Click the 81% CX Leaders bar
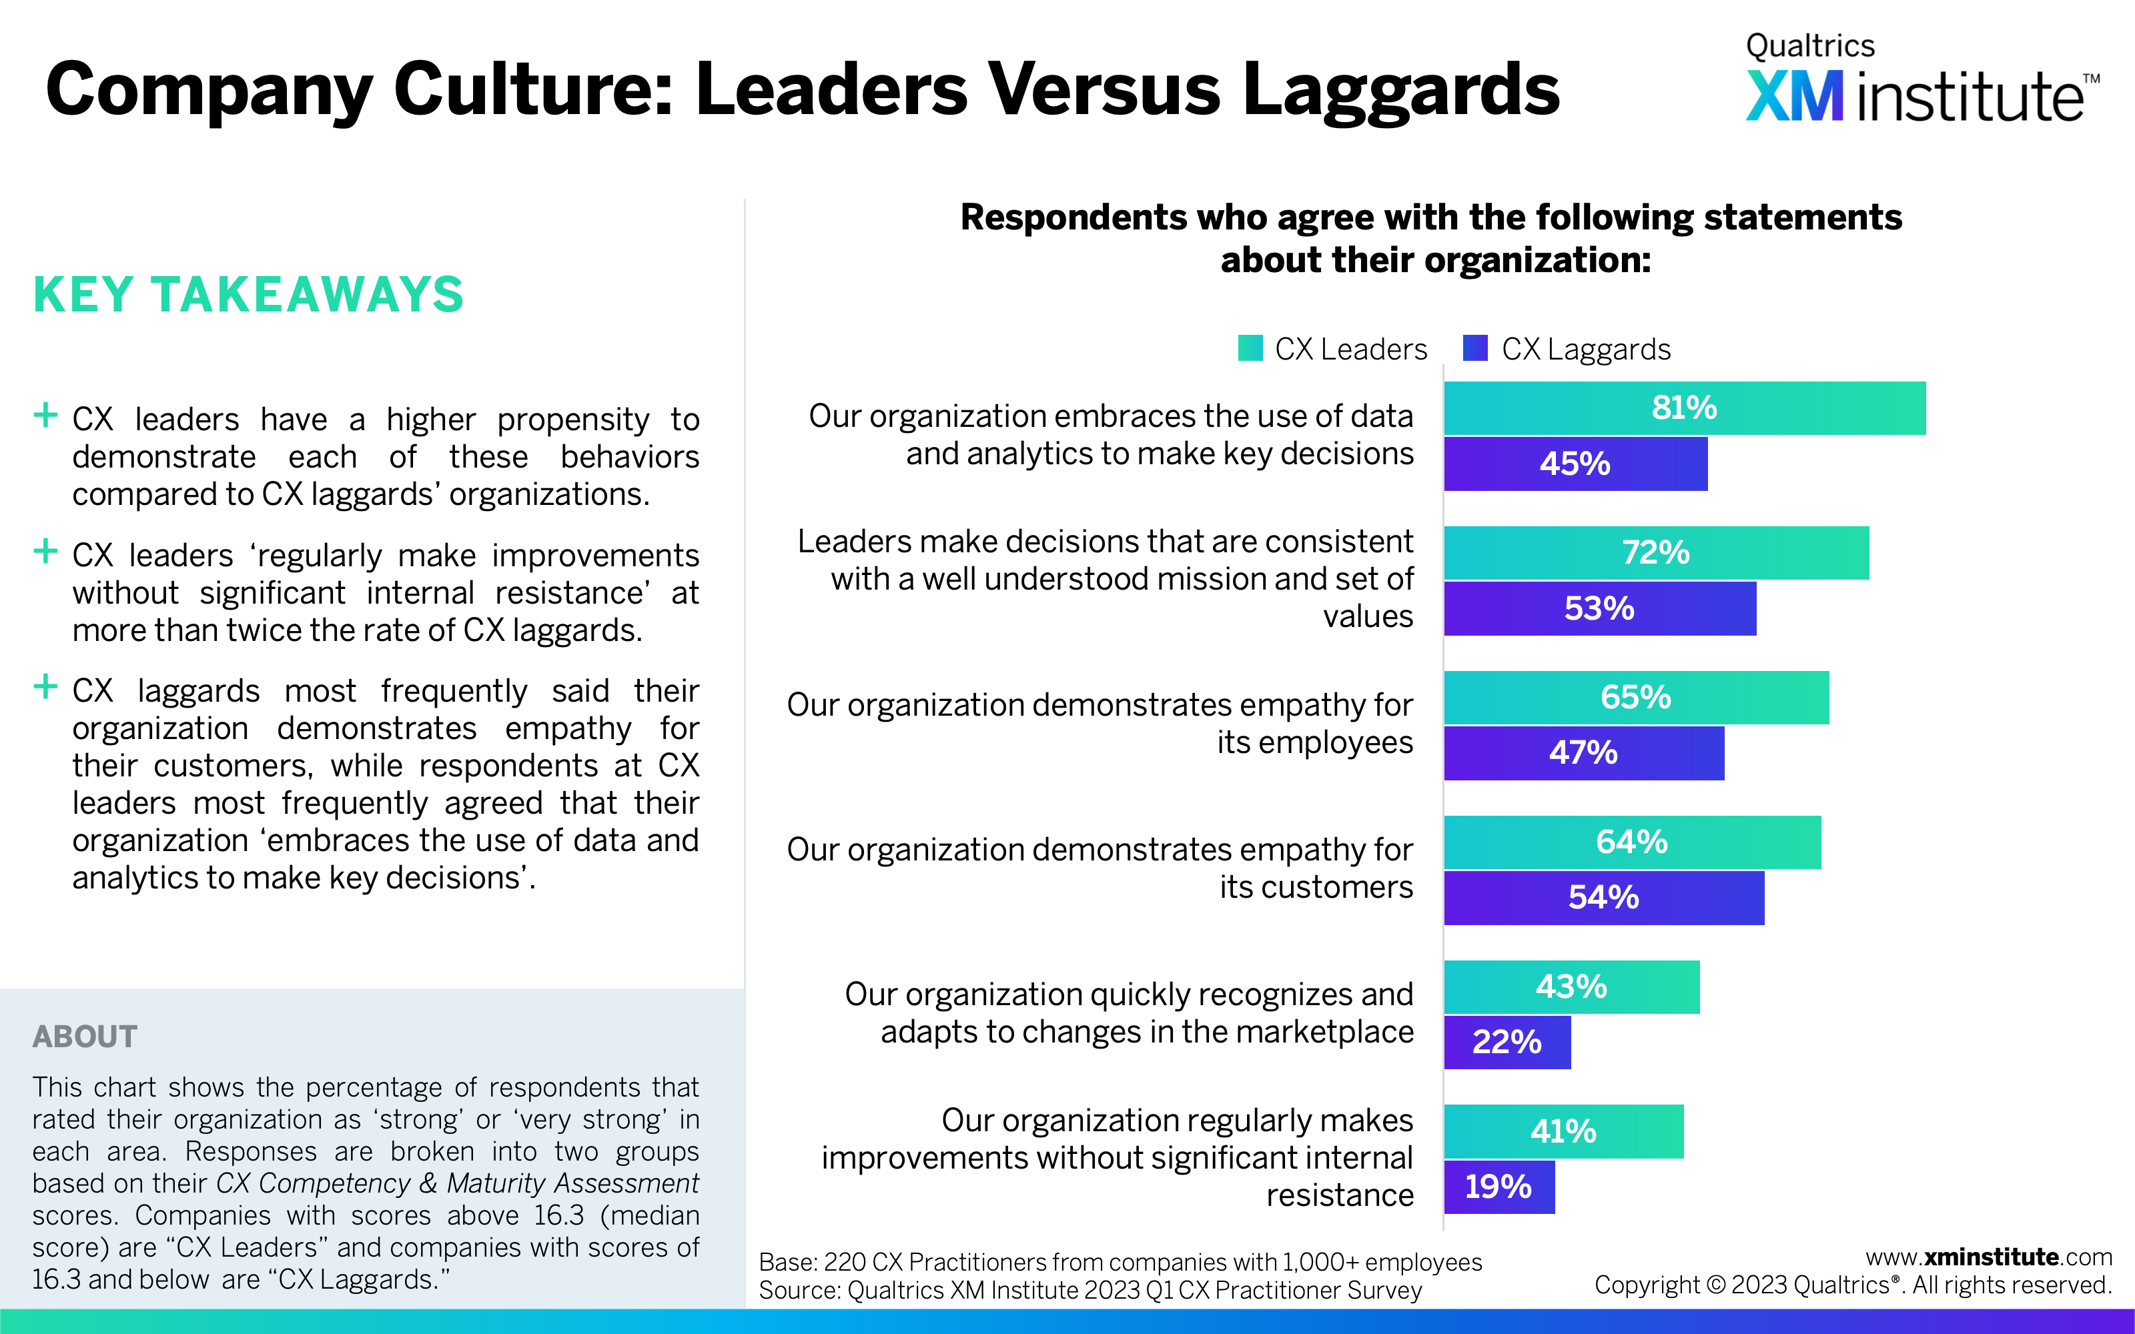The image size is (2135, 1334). coord(1684,408)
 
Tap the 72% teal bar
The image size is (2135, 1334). coord(1656,552)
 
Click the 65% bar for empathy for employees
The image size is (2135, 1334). coord(1636,697)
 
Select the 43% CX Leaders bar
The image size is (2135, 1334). coord(1571,986)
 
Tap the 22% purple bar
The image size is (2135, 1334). coord(1507,1042)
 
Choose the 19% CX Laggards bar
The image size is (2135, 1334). coord(1499,1187)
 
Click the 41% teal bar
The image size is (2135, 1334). coord(1563,1131)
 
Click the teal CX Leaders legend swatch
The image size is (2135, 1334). coord(1250,348)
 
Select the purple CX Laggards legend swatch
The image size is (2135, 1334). coord(1475,348)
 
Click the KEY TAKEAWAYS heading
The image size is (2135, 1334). coord(248,295)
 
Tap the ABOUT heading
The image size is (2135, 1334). coord(85,1037)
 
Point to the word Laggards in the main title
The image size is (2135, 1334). coord(1401,90)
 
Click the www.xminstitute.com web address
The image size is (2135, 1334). coord(1988,1257)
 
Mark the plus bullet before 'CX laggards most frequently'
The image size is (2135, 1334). coord(45,686)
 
